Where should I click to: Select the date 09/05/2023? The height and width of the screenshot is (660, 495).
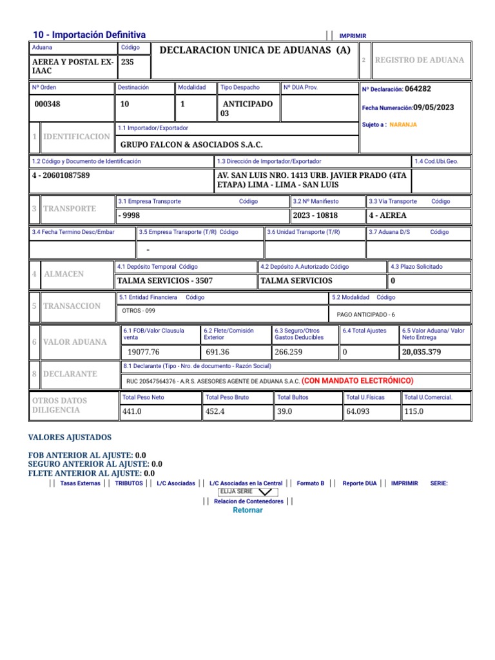(x=434, y=108)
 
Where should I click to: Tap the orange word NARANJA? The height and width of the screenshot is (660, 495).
(x=403, y=124)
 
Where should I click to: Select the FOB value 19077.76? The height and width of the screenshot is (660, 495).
(x=143, y=352)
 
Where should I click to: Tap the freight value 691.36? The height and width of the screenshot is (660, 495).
(x=217, y=352)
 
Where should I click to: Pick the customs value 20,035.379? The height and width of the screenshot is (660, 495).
(x=422, y=352)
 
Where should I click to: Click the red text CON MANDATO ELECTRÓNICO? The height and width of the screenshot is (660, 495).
(x=357, y=380)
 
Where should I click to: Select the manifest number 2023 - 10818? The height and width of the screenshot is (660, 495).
(x=315, y=215)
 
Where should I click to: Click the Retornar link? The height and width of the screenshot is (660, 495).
(x=247, y=510)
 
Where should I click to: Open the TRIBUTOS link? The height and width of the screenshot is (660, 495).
(x=129, y=483)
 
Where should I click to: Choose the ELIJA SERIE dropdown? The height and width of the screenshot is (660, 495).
(x=248, y=492)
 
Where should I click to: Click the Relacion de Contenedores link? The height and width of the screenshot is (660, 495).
(x=248, y=501)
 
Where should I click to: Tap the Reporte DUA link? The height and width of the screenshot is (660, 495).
(x=360, y=483)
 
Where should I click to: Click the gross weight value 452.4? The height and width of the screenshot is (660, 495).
(x=215, y=411)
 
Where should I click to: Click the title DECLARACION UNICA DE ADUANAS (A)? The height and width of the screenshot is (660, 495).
(x=255, y=50)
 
